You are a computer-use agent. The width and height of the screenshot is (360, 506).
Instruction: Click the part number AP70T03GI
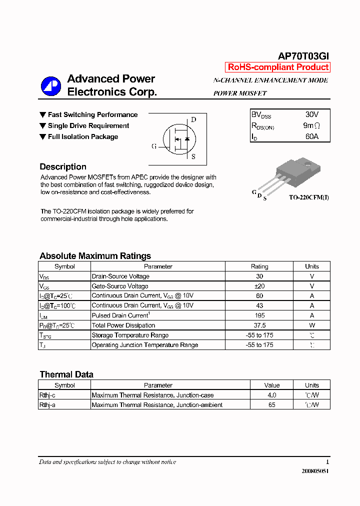[x=303, y=56]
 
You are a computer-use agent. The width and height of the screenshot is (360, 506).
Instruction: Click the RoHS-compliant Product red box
[x=278, y=67]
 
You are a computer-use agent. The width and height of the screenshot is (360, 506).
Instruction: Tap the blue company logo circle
[x=50, y=85]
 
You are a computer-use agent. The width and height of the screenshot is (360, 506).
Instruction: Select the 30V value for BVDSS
[x=311, y=114]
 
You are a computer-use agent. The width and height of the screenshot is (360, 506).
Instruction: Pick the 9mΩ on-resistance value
[x=311, y=125]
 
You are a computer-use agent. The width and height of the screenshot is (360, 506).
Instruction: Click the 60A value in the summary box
[x=311, y=136]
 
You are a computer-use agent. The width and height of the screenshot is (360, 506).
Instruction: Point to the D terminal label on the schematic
[x=193, y=119]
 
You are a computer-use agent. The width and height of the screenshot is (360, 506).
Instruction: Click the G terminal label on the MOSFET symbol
[x=154, y=146]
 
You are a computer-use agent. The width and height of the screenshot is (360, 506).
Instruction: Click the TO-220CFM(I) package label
[x=308, y=197]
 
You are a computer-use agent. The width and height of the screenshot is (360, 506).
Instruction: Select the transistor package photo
[x=292, y=175]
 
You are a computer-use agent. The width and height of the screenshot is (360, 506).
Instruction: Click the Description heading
[x=63, y=167]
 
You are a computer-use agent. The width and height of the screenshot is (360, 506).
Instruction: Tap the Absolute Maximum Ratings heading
[x=95, y=256]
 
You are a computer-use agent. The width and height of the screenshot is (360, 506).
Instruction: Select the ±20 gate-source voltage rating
[x=259, y=286]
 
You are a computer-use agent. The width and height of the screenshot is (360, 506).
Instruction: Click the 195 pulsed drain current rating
[x=259, y=315]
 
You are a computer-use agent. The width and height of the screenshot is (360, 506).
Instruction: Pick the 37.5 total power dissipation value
[x=259, y=325]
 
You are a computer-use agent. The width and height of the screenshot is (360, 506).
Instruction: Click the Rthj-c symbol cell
[x=47, y=395]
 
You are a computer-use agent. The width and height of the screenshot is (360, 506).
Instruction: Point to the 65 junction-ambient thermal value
[x=272, y=405]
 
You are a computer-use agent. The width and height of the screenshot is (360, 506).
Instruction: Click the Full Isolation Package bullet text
[x=82, y=136]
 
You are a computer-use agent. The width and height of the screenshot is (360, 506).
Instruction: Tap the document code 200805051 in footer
[x=315, y=471]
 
